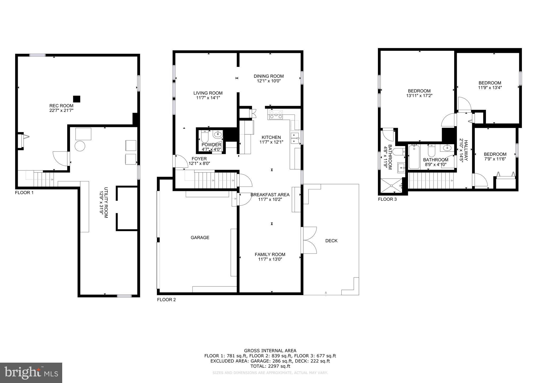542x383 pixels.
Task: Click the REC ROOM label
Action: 61,106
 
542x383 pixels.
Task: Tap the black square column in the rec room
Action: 76,99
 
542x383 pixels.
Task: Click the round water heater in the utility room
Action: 80,146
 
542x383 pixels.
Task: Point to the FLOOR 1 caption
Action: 24,193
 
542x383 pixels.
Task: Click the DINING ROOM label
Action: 269,76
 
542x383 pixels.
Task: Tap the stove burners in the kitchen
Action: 276,115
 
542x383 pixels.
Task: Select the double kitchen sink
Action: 295,138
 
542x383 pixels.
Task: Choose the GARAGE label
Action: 200,238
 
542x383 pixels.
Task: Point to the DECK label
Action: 331,241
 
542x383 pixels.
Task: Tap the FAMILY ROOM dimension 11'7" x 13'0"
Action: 270,259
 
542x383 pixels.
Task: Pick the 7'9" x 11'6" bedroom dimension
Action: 495,159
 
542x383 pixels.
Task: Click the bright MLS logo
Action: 31,373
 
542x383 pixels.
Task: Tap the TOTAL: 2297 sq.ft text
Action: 270,366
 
